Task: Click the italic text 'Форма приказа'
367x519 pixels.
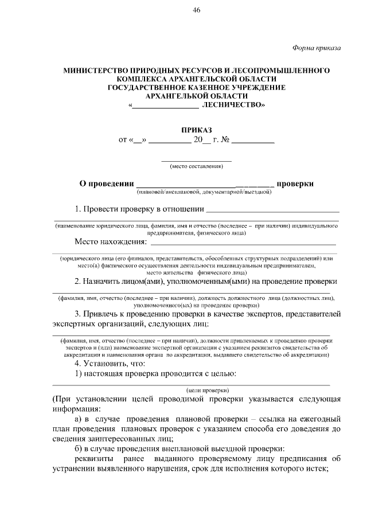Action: pyautogui.click(x=317, y=48)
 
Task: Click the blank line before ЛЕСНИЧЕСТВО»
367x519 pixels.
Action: pyautogui.click(x=166, y=107)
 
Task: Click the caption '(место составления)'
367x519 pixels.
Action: pyautogui.click(x=196, y=167)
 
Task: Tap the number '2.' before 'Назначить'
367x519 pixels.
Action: pyautogui.click(x=79, y=281)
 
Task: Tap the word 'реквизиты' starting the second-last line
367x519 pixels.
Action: pyautogui.click(x=94, y=458)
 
